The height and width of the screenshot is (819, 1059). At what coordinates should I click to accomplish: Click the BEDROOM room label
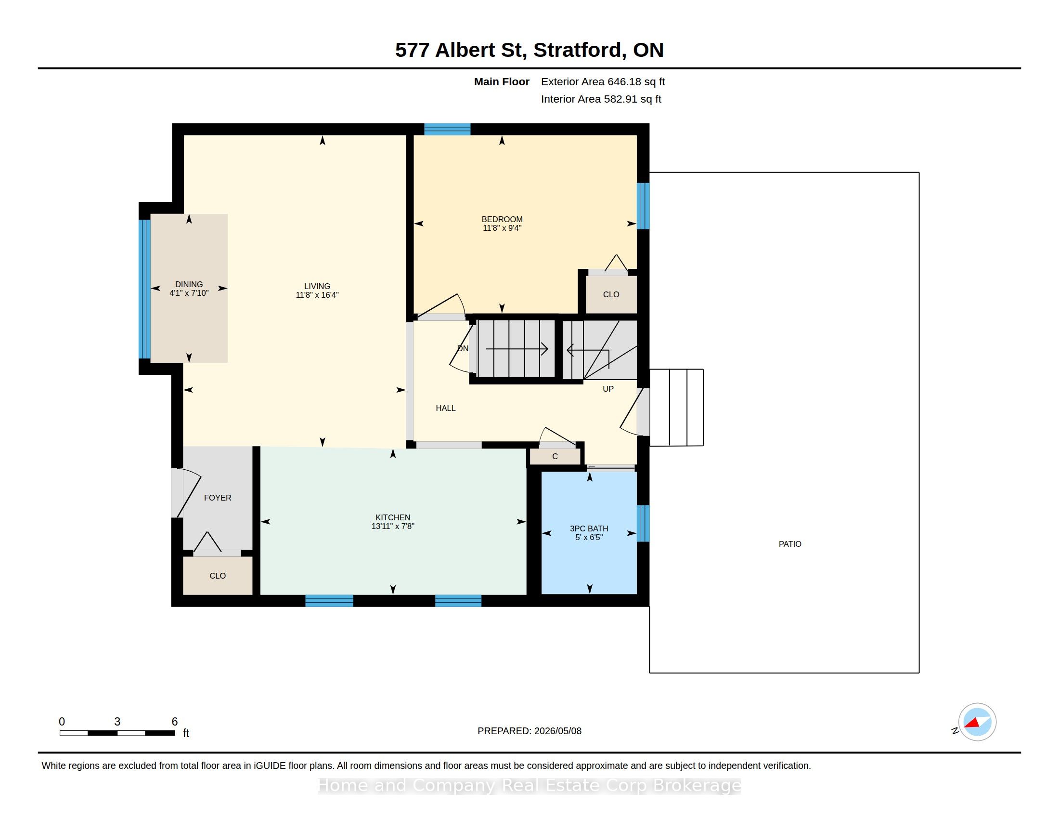click(502, 219)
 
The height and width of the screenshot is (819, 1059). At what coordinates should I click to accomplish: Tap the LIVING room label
click(317, 286)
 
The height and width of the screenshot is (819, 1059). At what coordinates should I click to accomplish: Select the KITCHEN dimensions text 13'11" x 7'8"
click(393, 526)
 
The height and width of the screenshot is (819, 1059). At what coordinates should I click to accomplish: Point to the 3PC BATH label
click(589, 528)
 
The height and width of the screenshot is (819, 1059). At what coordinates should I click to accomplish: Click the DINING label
click(189, 284)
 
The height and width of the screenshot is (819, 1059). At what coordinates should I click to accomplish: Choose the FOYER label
click(218, 498)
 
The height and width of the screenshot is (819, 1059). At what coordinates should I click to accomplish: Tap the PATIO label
click(790, 544)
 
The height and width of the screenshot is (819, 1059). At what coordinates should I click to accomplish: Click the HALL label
click(446, 408)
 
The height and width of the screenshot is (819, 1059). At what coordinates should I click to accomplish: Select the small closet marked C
click(555, 456)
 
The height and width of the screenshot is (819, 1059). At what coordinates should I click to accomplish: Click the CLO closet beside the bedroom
click(611, 294)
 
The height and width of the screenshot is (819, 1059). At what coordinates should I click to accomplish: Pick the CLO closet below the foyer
click(218, 575)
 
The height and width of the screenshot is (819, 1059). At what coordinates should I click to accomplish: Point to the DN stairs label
click(463, 348)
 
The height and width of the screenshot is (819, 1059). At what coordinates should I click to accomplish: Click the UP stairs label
click(608, 389)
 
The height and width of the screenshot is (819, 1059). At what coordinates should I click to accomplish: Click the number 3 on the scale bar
click(117, 722)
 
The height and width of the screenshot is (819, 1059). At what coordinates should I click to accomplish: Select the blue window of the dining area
click(144, 289)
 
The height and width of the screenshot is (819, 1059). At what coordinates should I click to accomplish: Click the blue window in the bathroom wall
click(643, 523)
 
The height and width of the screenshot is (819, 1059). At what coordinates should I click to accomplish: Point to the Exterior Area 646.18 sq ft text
click(603, 82)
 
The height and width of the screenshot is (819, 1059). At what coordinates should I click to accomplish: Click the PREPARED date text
click(529, 731)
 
